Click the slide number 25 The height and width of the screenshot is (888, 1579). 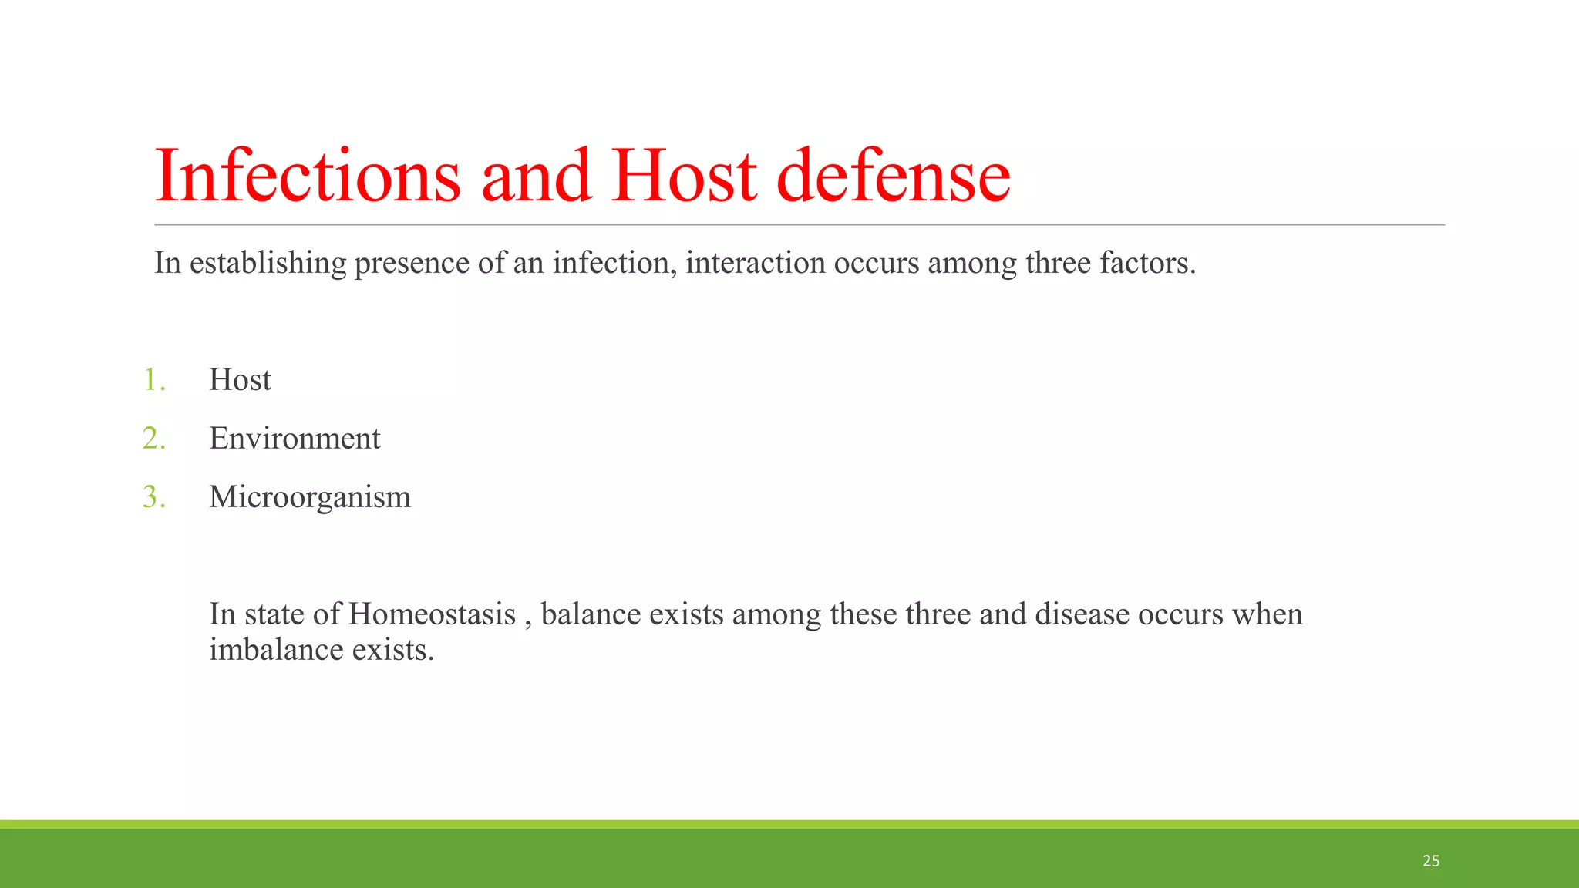coord(1431,861)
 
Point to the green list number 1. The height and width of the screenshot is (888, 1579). coord(153,380)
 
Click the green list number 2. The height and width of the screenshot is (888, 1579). coord(153,439)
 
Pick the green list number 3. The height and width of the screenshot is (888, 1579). coord(153,497)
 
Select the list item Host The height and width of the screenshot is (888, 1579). coord(240,380)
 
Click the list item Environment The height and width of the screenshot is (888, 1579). coord(295,439)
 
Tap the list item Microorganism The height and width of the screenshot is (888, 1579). coord(310,497)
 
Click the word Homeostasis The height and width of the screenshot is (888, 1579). coord(432,614)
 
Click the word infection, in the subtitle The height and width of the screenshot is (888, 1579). coord(614,263)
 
